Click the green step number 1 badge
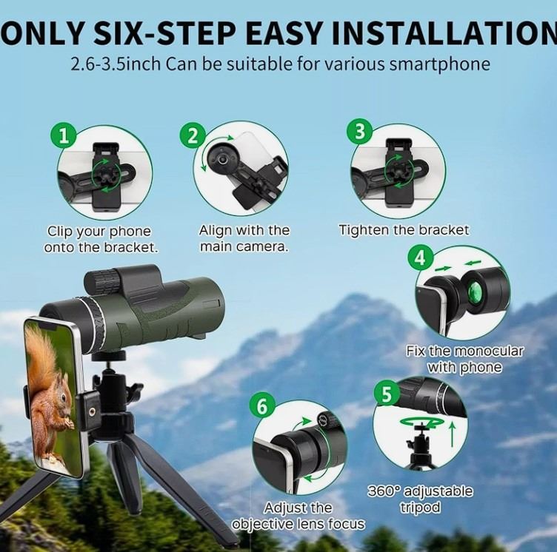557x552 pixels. tap(64, 136)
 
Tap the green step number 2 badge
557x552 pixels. tap(193, 136)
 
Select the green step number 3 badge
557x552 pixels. tap(360, 132)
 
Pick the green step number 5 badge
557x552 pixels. tap(387, 394)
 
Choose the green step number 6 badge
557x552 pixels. tap(262, 406)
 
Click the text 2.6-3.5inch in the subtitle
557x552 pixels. tap(116, 64)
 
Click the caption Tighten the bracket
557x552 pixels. tap(404, 230)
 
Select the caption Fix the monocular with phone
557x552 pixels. tap(465, 359)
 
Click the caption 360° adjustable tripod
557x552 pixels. tap(420, 499)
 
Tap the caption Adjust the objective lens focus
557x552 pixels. tap(298, 516)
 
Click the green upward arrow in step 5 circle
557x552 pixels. tap(453, 434)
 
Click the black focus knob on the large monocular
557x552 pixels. tap(101, 280)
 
